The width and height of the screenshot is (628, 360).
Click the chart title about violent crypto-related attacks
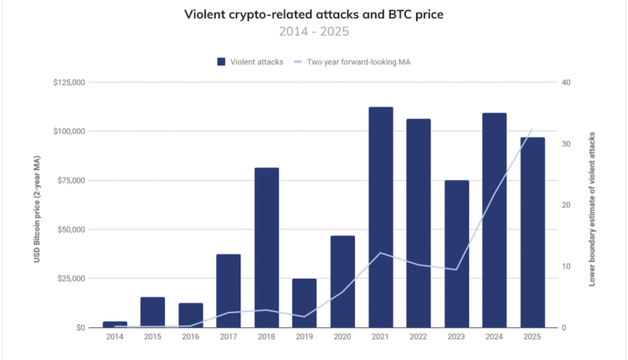(x=313, y=14)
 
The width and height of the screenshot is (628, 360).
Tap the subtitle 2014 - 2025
(x=313, y=32)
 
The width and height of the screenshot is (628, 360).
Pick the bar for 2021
(x=381, y=217)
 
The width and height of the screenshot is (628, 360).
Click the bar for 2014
(x=115, y=324)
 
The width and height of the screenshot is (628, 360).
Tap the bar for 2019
(x=305, y=302)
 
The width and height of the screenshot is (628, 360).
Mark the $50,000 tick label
(x=70, y=229)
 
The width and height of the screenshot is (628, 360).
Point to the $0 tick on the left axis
(x=80, y=327)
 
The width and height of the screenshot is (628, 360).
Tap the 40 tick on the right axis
(x=566, y=83)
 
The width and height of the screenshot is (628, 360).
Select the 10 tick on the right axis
(x=566, y=266)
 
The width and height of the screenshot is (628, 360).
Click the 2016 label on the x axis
(x=191, y=338)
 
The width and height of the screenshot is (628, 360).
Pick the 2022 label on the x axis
(x=419, y=338)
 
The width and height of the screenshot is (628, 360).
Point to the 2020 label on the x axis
(x=342, y=338)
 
